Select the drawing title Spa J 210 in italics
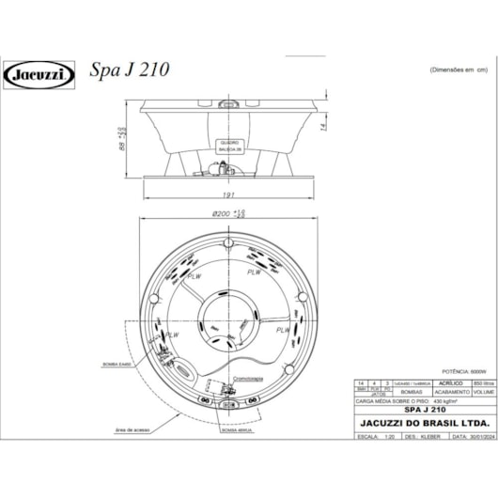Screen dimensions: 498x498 (x=129, y=71)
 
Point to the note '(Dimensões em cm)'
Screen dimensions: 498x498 (x=460, y=70)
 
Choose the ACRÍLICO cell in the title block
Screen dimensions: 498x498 (x=431, y=384)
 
